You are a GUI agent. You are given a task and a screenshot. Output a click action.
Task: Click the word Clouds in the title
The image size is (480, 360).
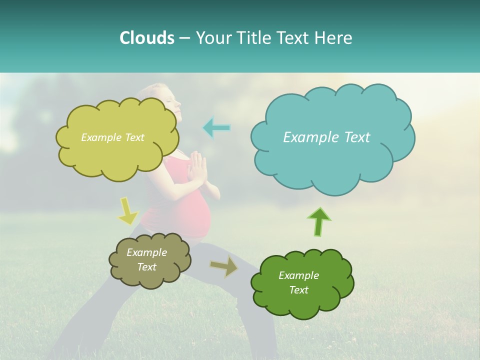(146, 38)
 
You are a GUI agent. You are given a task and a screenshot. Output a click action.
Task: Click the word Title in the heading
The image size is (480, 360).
(255, 38)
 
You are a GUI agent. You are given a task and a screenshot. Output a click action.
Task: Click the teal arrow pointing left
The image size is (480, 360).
(216, 128)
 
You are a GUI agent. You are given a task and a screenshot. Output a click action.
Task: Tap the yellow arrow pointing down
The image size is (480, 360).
(127, 211)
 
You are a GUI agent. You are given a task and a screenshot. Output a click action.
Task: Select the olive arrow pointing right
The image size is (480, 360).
(224, 266)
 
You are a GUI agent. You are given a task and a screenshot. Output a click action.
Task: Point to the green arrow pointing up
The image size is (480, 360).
(319, 221)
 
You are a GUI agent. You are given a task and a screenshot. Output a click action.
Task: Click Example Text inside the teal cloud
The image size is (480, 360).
(326, 137)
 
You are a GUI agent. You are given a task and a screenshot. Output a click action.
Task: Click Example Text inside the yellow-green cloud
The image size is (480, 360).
(112, 137)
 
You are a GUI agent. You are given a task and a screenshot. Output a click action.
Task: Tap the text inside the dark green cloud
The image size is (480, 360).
(298, 282)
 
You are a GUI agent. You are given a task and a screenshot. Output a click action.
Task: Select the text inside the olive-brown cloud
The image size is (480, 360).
(146, 259)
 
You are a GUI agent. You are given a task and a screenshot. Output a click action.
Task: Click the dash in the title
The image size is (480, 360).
(184, 38)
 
